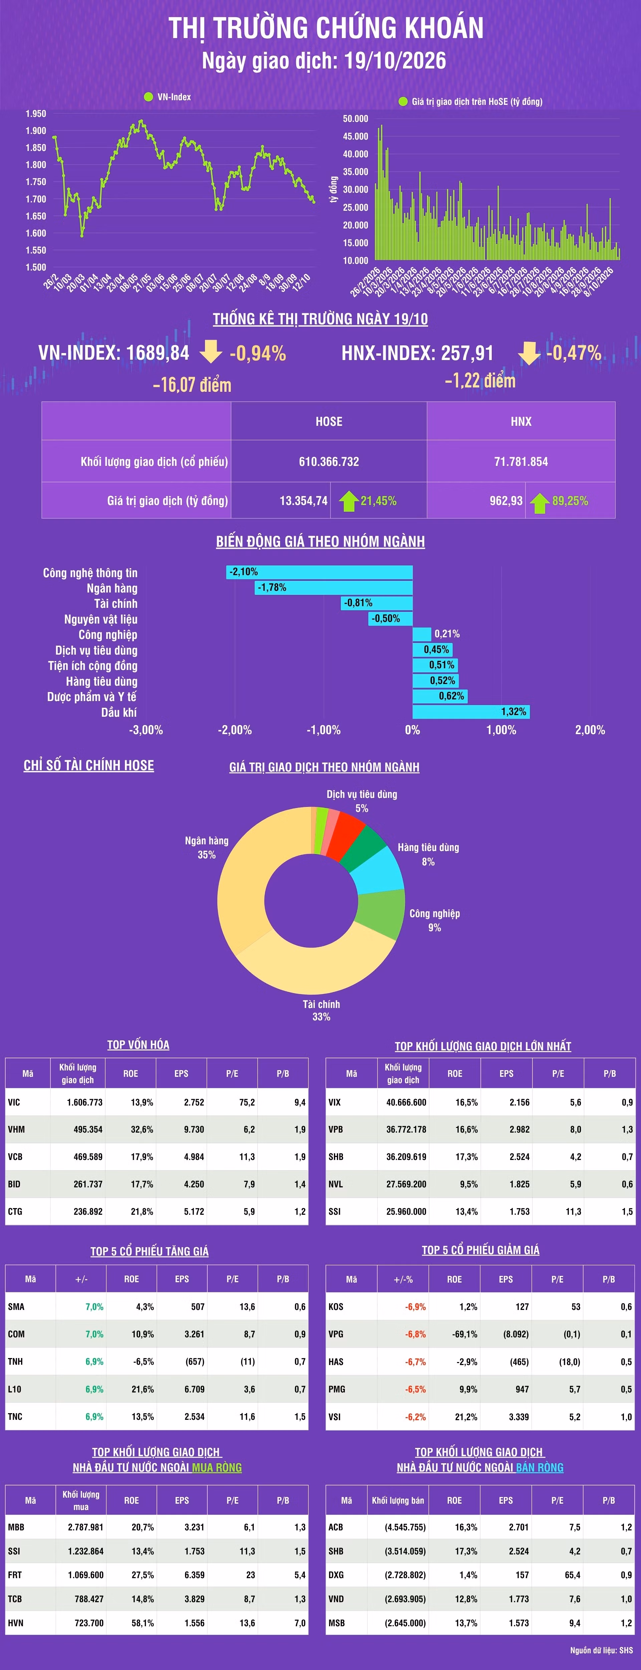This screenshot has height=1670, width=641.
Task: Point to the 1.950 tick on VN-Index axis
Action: pyautogui.click(x=36, y=114)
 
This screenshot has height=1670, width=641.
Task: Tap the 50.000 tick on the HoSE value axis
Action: pyautogui.click(x=355, y=119)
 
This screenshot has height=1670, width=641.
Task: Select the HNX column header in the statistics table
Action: pyautogui.click(x=521, y=422)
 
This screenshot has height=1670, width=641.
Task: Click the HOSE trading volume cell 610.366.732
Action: pyautogui.click(x=329, y=462)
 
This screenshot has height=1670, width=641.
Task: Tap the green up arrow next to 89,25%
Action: pyautogui.click(x=539, y=502)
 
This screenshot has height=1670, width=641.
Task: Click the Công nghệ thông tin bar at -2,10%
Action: pyautogui.click(x=319, y=572)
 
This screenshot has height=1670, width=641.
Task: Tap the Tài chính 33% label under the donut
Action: pyautogui.click(x=322, y=1010)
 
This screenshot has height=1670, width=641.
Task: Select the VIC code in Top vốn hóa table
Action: pyautogui.click(x=14, y=1102)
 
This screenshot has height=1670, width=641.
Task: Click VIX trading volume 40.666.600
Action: pyautogui.click(x=406, y=1102)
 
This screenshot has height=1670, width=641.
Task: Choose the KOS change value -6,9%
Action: pyautogui.click(x=415, y=1306)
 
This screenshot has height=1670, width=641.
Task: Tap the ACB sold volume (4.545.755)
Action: pyautogui.click(x=405, y=1527)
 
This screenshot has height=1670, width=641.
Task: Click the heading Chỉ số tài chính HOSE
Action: pyautogui.click(x=89, y=766)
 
